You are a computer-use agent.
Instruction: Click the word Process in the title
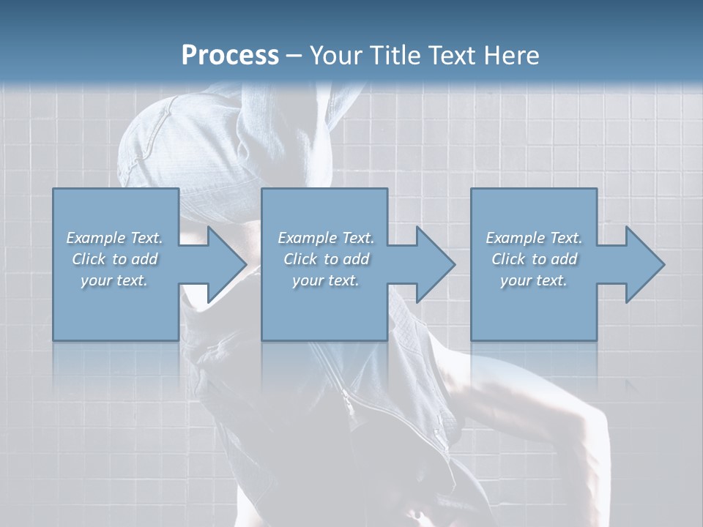[x=230, y=56]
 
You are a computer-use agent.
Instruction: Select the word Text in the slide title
[x=455, y=56]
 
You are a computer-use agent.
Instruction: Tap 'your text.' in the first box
[x=114, y=280]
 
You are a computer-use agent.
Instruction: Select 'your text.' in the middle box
[x=326, y=280]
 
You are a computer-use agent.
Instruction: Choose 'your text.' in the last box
[x=534, y=280]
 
